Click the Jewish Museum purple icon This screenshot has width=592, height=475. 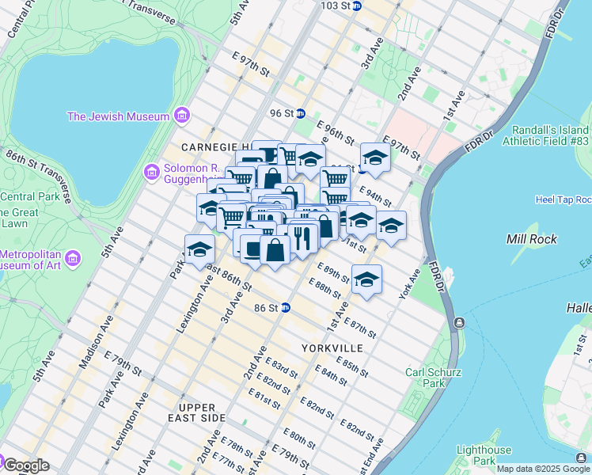pyautogui.click(x=183, y=116)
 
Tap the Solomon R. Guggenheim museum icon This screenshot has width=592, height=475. pyautogui.click(x=151, y=171)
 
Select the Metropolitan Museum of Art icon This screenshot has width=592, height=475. pyautogui.click(x=72, y=259)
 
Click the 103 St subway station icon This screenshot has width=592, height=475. pyautogui.click(x=356, y=6)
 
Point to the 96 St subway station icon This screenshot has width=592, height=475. pyautogui.click(x=300, y=113)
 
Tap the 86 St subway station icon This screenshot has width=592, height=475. pyautogui.click(x=286, y=307)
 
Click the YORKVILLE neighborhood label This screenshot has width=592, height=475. pyautogui.click(x=332, y=348)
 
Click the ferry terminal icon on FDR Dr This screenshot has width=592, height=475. pyautogui.click(x=458, y=323)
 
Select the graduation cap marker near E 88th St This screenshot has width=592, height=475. pyautogui.click(x=366, y=279)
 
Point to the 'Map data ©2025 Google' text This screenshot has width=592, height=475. pyautogui.click(x=543, y=469)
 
